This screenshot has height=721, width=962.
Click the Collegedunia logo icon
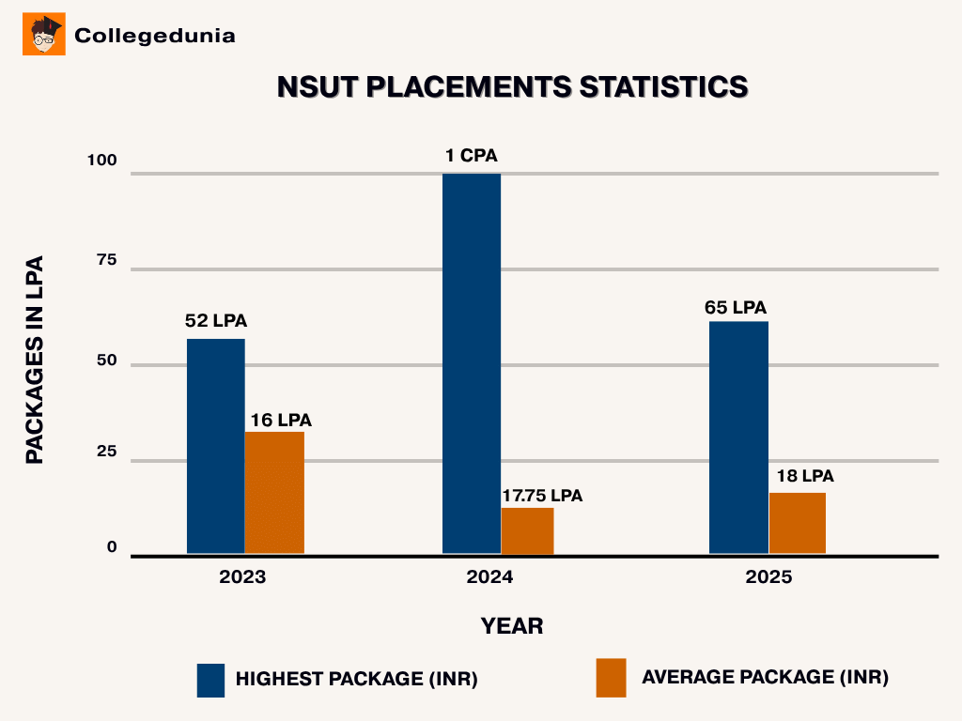(43, 35)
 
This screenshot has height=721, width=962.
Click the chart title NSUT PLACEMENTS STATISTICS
(513, 87)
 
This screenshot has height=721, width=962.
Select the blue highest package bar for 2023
(215, 446)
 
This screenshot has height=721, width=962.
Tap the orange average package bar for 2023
(274, 493)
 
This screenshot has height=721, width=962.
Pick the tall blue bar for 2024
(472, 363)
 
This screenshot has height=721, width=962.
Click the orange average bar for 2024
(527, 530)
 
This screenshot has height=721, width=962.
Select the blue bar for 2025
(738, 437)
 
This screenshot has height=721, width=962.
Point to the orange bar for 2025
(797, 523)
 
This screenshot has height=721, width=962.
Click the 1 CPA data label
(472, 156)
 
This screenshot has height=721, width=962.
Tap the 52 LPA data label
(216, 321)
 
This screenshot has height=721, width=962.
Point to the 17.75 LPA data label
(542, 495)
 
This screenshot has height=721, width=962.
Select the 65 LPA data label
(736, 307)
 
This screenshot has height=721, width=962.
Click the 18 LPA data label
(805, 476)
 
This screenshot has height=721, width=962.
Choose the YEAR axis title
(512, 625)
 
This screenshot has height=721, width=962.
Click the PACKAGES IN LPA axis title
(35, 360)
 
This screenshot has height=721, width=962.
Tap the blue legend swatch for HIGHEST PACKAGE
(210, 680)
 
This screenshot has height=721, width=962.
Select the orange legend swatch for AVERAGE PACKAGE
(611, 678)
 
